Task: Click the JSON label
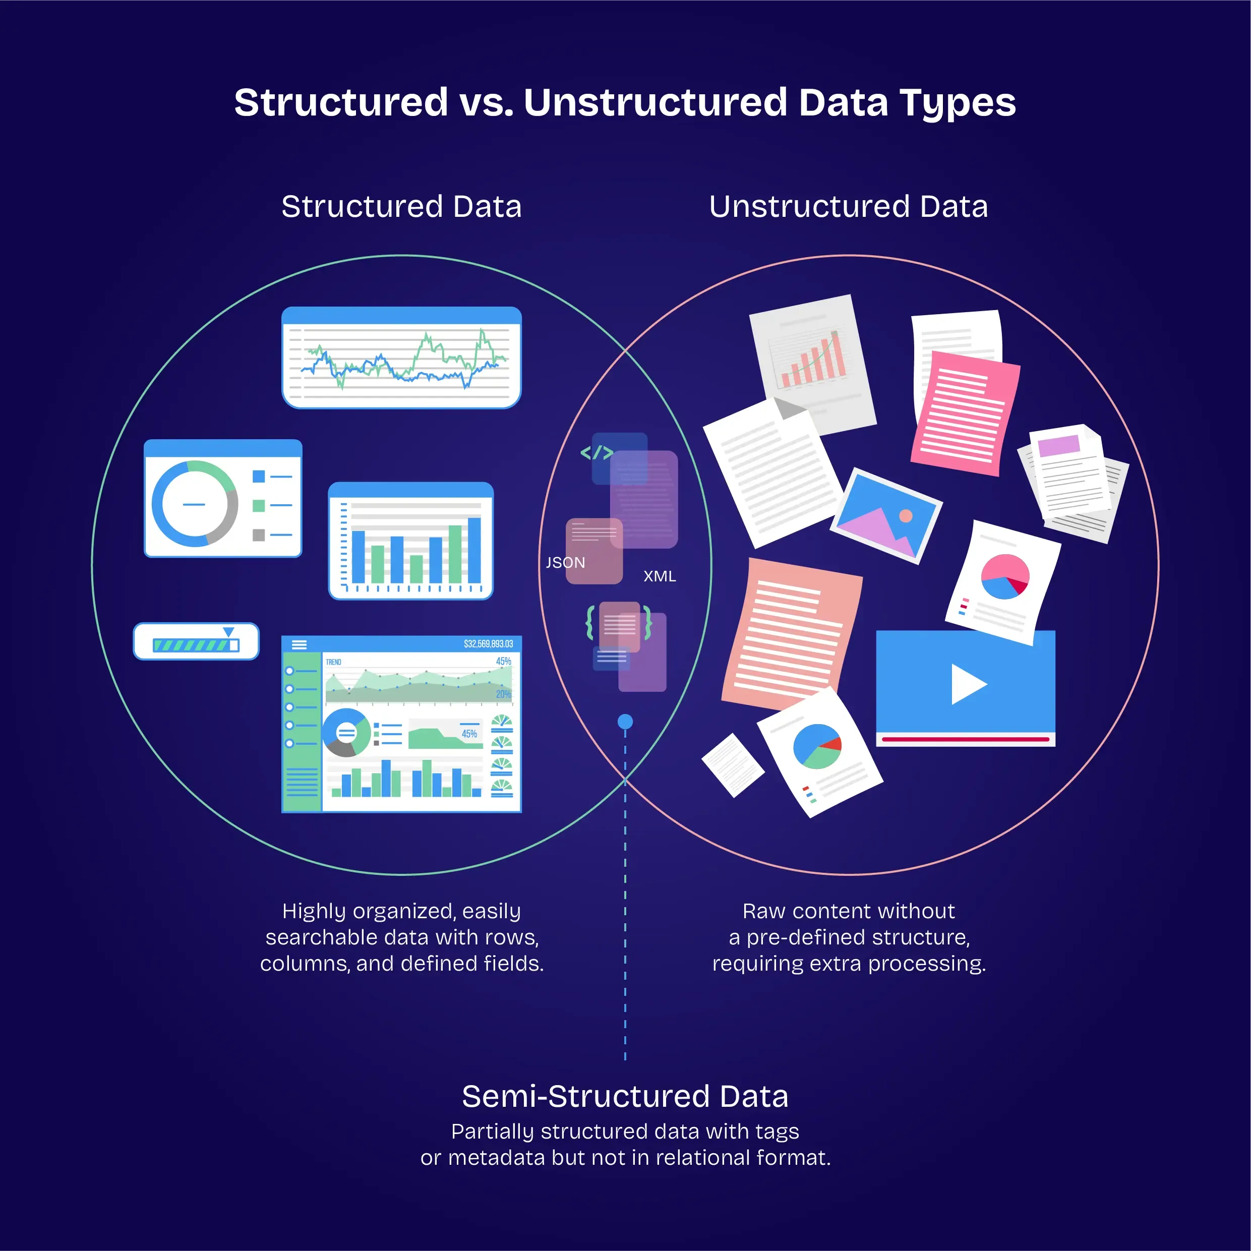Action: click(565, 563)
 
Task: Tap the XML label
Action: click(659, 576)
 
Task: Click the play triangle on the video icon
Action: click(968, 684)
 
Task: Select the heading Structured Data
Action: click(401, 207)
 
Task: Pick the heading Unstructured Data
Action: click(848, 207)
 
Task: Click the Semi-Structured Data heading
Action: click(625, 1096)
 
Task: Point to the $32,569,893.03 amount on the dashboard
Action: click(488, 643)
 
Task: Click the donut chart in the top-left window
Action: click(194, 504)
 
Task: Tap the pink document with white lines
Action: click(965, 413)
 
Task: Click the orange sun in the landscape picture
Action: click(906, 516)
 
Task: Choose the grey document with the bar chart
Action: click(813, 363)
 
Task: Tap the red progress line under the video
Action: click(965, 739)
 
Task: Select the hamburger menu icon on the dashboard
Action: click(299, 644)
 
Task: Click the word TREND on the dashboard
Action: click(333, 662)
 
